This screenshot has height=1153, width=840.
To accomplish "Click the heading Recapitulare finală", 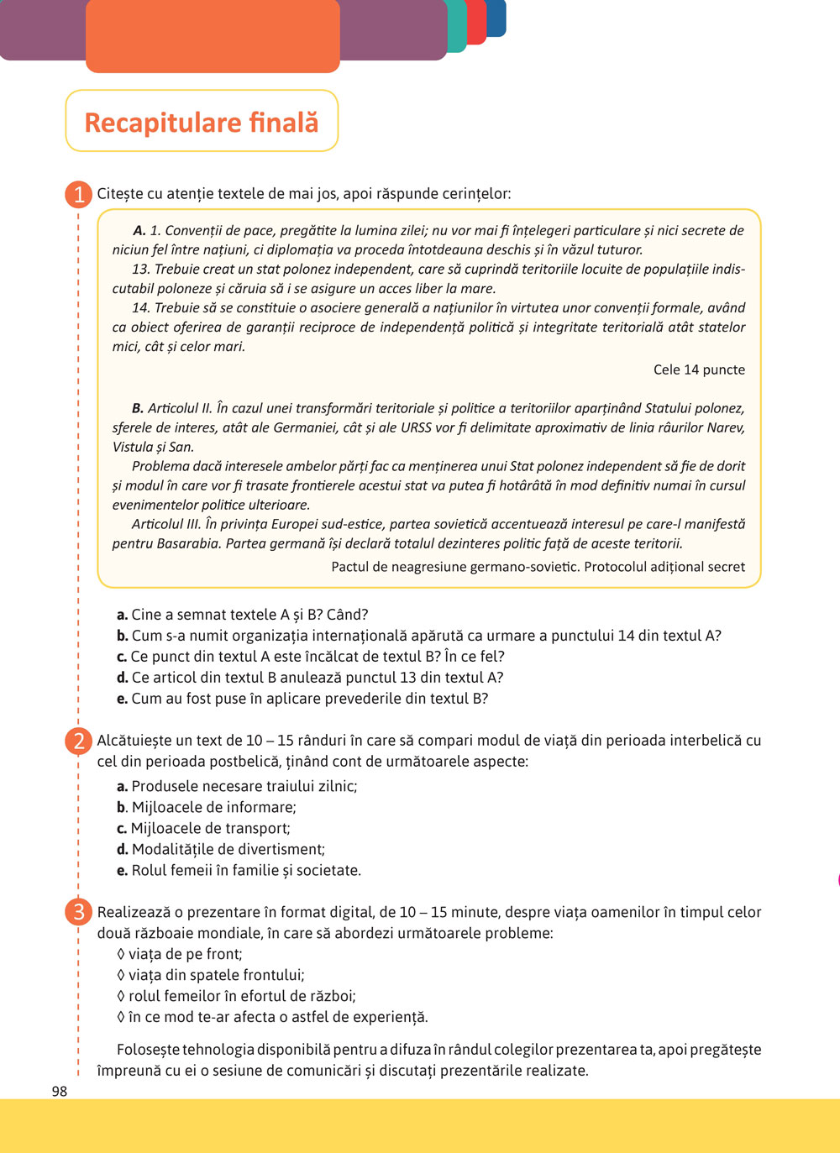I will tap(202, 123).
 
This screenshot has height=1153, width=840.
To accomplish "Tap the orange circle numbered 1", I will tap(78, 195).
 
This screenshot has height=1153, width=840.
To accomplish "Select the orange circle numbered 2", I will tap(78, 742).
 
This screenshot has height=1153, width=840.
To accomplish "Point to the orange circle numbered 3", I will tap(78, 912).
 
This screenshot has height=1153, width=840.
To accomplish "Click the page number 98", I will tap(60, 1092).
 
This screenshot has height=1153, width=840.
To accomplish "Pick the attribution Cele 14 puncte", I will tap(699, 369).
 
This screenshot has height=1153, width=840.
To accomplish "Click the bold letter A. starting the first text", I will tap(139, 230).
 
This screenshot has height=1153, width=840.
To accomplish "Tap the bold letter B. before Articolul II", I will tap(138, 408).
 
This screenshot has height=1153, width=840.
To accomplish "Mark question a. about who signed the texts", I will tap(243, 615).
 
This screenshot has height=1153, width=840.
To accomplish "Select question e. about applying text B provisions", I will tap(302, 699).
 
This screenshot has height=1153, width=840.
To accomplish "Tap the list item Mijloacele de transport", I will tap(203, 828).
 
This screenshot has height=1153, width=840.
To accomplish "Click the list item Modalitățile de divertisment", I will tap(221, 849).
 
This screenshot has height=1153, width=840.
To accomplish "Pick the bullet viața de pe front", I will tap(180, 954).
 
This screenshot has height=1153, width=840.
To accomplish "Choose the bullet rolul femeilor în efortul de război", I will tap(236, 996).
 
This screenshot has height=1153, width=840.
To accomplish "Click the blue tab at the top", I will tap(497, 17).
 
